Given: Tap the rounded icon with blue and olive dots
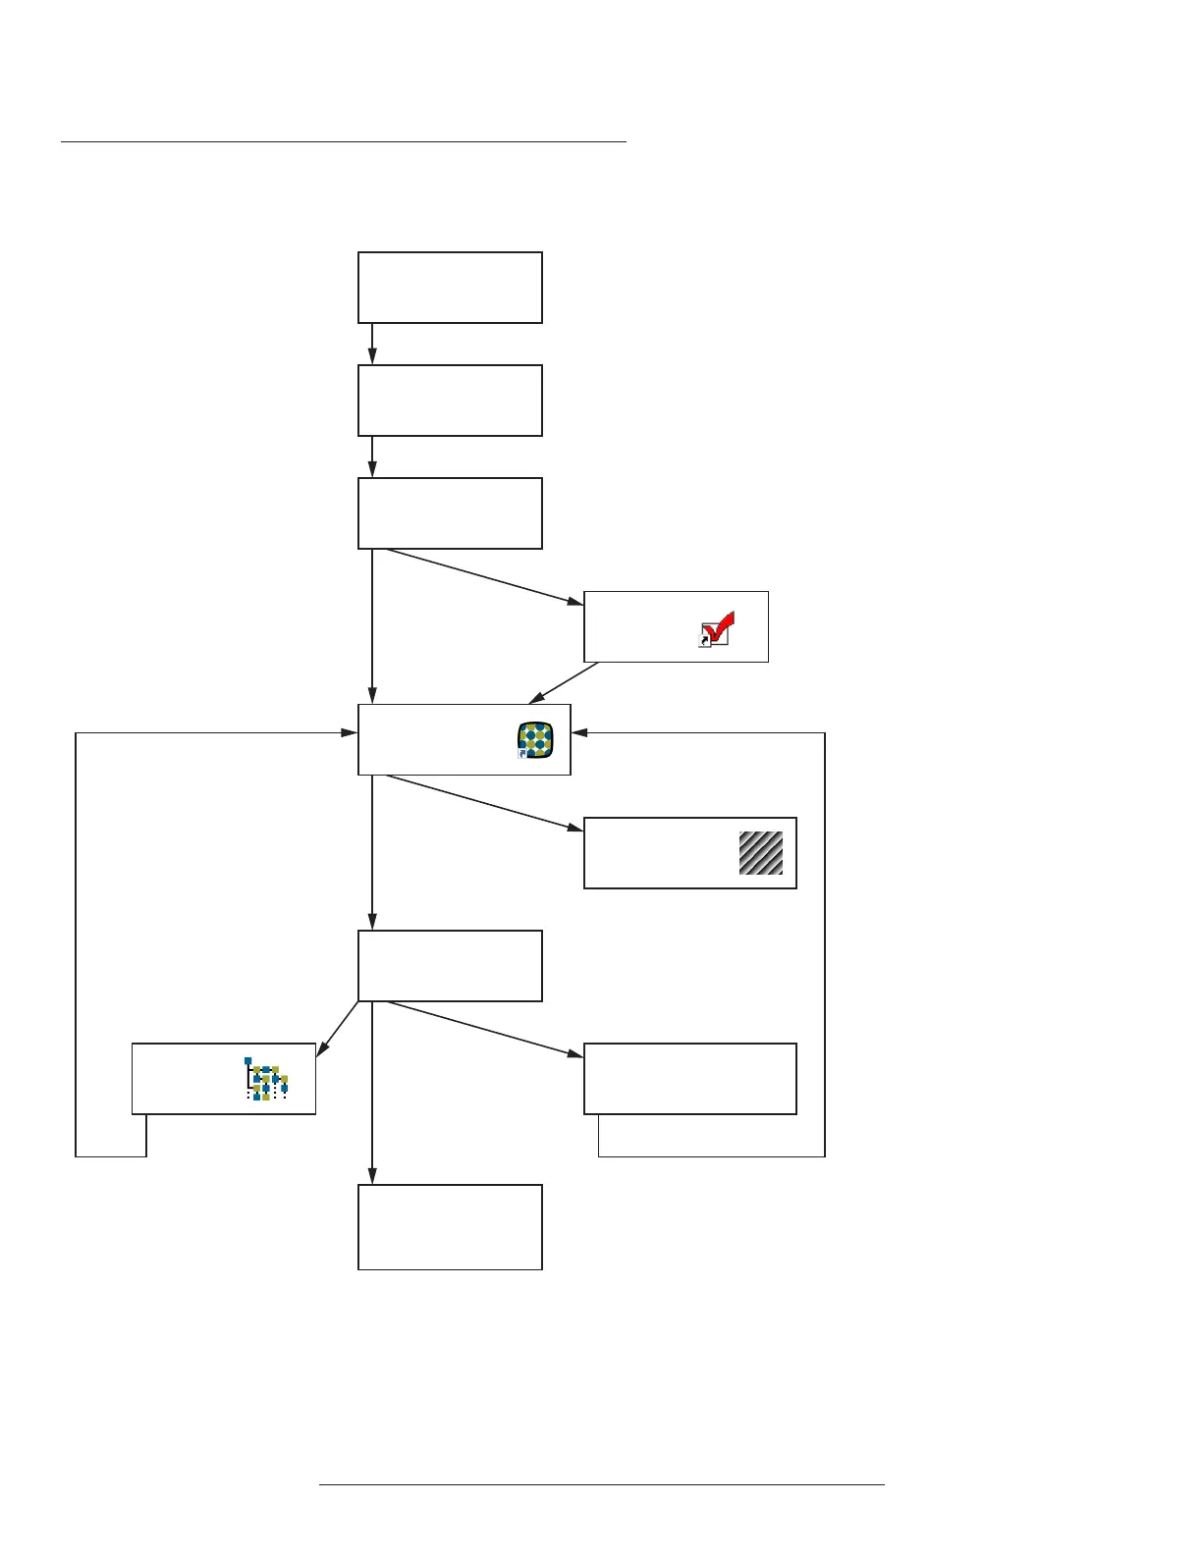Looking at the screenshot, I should tap(536, 740).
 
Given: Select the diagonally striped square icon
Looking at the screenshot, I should tap(761, 852).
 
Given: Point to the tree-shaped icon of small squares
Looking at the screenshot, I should tap(266, 1079).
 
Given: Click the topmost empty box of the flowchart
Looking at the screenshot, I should tap(450, 288).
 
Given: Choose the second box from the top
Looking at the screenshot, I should tap(450, 401).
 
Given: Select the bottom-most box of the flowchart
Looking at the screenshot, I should tap(450, 1227).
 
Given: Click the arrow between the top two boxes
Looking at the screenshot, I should tap(372, 344).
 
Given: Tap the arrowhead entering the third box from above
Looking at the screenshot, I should tap(372, 470).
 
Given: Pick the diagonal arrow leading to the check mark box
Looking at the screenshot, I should tap(481, 575).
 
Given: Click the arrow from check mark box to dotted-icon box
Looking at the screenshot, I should tap(564, 683).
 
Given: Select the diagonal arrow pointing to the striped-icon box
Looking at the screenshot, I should tap(481, 803).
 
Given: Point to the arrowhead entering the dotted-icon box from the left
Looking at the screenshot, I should tap(349, 733).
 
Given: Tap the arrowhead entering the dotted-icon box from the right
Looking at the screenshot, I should tap(579, 733).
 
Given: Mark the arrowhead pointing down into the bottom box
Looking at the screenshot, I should tap(372, 1176).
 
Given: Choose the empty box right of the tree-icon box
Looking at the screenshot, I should tap(689, 1079).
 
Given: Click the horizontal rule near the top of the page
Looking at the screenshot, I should tap(344, 142).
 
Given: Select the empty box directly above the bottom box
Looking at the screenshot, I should tap(450, 966).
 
